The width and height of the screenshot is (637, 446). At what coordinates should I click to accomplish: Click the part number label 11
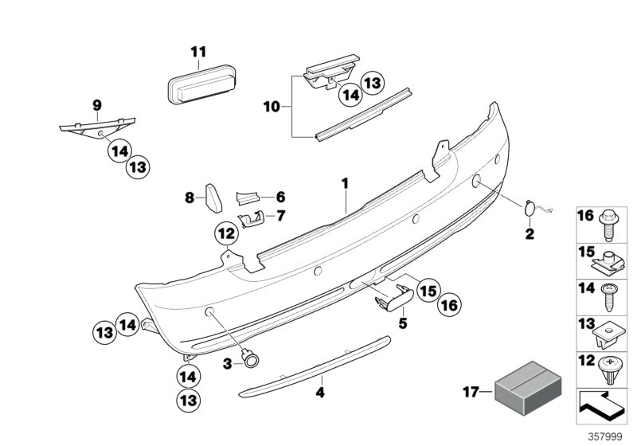[198, 53]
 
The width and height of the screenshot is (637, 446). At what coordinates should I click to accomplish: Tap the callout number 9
[97, 104]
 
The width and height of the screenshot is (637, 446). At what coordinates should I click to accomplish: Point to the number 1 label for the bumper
[346, 184]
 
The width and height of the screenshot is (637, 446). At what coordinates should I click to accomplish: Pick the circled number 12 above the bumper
[225, 233]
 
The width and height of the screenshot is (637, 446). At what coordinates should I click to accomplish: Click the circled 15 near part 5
[428, 291]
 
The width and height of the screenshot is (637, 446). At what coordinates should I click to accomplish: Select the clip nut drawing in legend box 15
[609, 260]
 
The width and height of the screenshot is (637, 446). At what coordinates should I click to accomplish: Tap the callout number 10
[273, 105]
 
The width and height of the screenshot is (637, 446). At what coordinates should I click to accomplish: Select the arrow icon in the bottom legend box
[603, 404]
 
